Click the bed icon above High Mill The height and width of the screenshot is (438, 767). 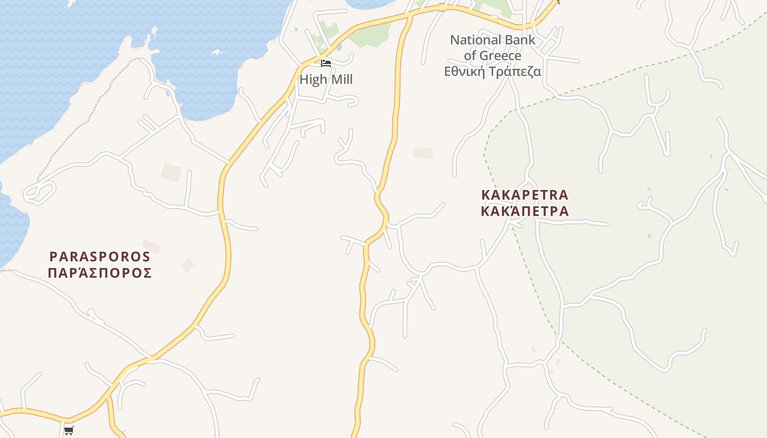click(326, 64)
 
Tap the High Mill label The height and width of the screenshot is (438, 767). click(326, 79)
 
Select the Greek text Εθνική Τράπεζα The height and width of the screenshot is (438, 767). click(493, 71)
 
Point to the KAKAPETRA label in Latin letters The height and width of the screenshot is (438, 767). click(524, 195)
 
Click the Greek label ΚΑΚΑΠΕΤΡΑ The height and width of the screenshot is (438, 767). click(524, 211)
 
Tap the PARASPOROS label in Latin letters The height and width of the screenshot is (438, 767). click(100, 256)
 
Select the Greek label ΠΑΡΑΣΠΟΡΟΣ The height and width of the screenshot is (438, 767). click(100, 273)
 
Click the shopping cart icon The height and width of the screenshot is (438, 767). click(68, 430)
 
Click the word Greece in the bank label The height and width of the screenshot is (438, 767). click(500, 55)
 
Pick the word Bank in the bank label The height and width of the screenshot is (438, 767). click(520, 40)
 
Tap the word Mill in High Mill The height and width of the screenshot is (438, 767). click(341, 79)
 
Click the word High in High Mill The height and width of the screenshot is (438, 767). click(313, 79)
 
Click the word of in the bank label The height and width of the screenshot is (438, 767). click(470, 55)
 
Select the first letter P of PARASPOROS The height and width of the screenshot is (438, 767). click(53, 256)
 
